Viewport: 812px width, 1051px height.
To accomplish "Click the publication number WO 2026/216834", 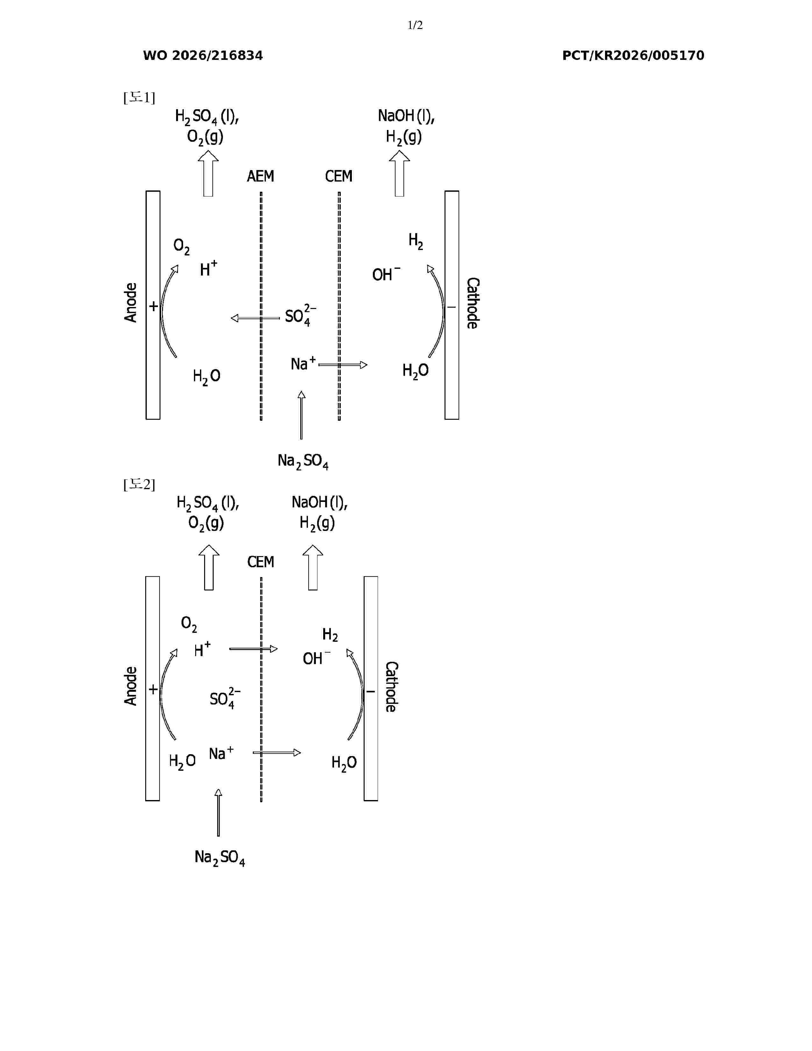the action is (x=203, y=56).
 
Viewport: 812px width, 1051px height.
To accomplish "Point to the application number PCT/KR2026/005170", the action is (x=633, y=56).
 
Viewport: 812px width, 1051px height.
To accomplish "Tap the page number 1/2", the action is (x=415, y=25).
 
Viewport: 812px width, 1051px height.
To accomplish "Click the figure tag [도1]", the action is (x=139, y=98).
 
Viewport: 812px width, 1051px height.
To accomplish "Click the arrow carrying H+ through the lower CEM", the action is (x=253, y=649).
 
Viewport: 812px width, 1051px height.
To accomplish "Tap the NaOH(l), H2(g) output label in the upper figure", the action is (x=406, y=126).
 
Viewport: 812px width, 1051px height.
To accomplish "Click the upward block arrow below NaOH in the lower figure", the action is (x=313, y=567).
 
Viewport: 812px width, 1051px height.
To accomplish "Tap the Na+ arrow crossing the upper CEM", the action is (x=343, y=365).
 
